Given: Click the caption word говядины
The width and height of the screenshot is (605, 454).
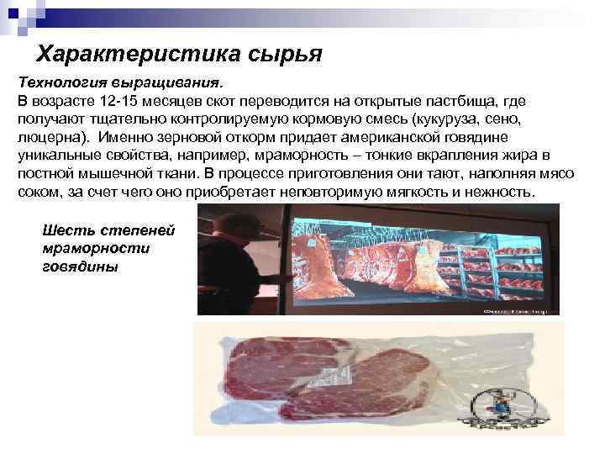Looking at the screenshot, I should point(80,267).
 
